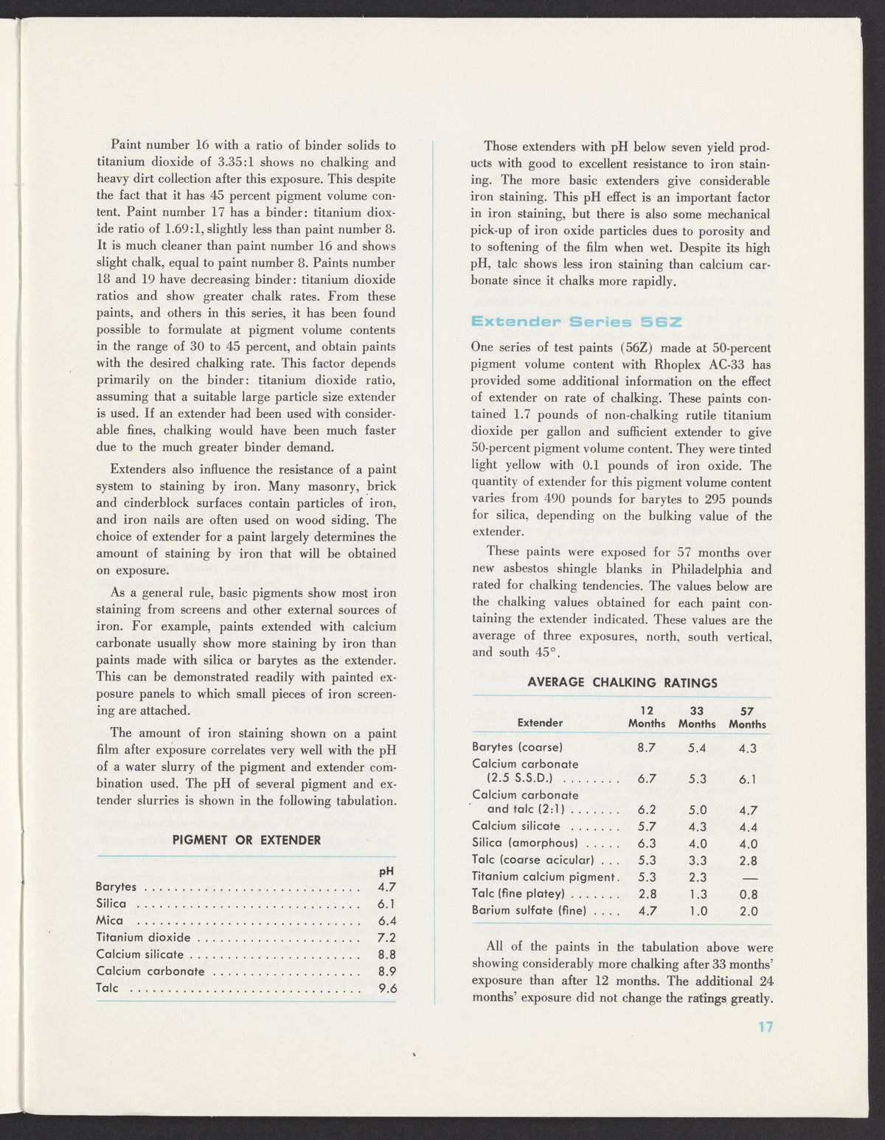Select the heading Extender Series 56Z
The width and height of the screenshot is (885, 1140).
(x=577, y=322)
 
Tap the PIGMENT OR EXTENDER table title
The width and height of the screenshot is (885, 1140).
(x=246, y=840)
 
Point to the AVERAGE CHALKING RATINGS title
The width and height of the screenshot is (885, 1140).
(x=622, y=682)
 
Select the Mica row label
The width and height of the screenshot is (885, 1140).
(x=110, y=920)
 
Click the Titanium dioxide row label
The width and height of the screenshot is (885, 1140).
(x=143, y=938)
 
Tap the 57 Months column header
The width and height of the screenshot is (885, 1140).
(x=747, y=717)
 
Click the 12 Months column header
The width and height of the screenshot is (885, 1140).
(x=646, y=717)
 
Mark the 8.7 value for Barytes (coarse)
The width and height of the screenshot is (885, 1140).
(x=647, y=747)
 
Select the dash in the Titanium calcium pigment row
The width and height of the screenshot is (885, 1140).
(x=748, y=877)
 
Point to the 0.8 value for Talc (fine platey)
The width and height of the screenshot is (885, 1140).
(x=748, y=894)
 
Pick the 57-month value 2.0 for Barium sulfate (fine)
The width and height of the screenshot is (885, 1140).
(x=748, y=911)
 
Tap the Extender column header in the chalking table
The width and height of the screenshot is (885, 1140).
(x=541, y=723)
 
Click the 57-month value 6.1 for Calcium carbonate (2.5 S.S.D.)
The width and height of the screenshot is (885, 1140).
(x=748, y=780)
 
